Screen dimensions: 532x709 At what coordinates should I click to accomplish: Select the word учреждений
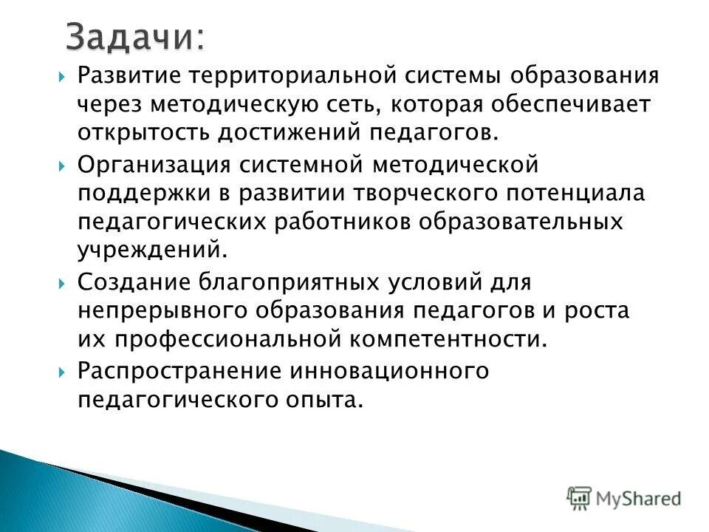[148, 250]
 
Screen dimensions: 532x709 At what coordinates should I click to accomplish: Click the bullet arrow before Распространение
[62, 370]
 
